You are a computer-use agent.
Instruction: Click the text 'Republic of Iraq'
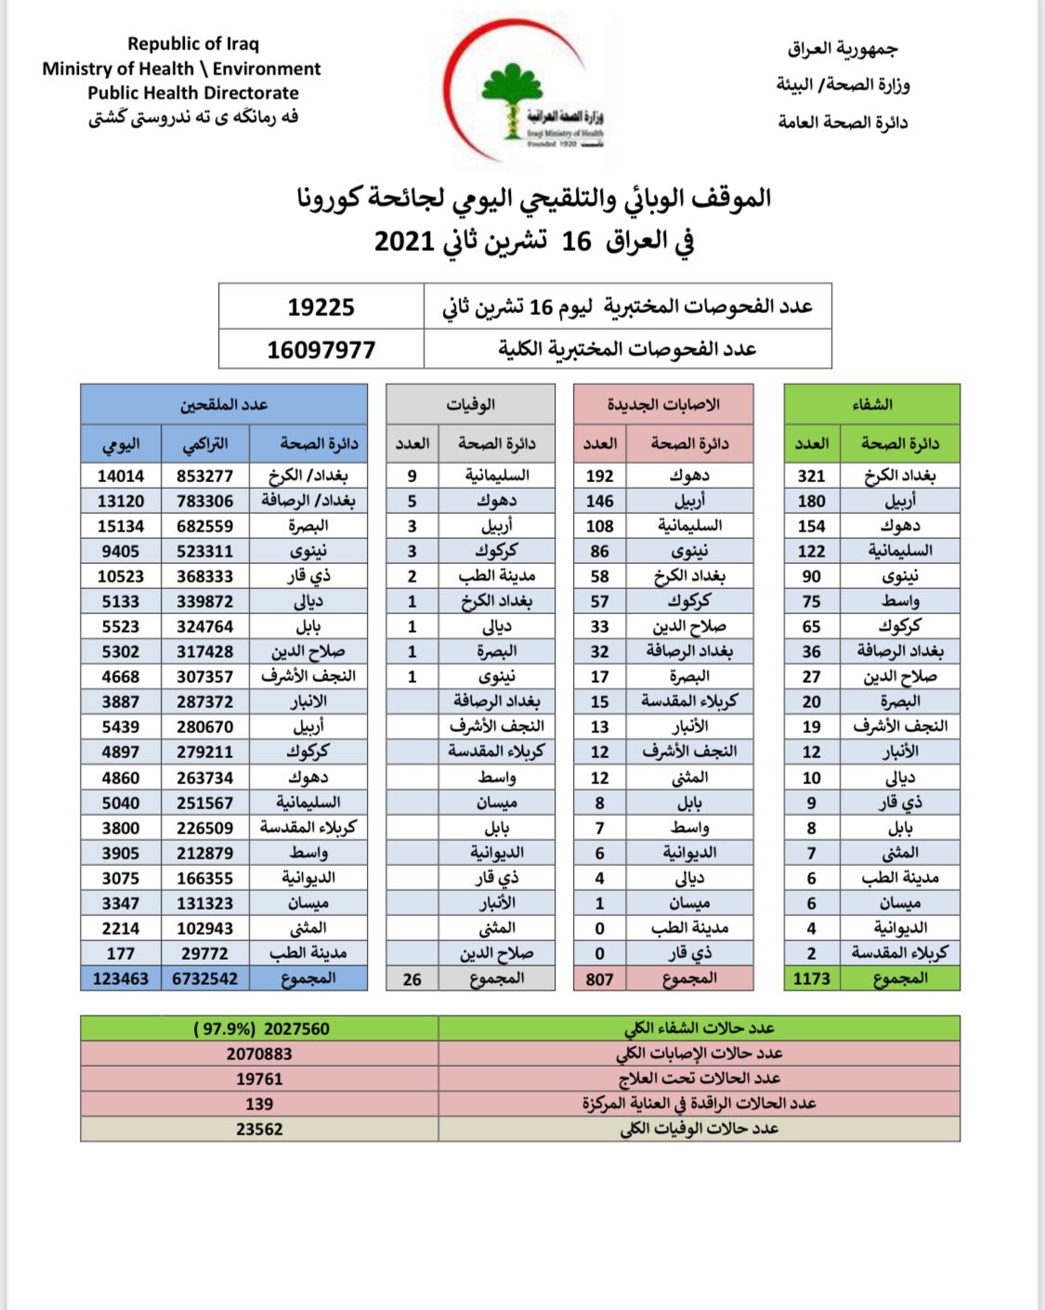click(193, 44)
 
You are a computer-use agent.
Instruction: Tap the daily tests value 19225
click(320, 308)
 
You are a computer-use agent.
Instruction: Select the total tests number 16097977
click(320, 350)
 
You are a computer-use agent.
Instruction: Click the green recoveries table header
click(871, 404)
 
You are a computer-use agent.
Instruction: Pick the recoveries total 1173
click(811, 978)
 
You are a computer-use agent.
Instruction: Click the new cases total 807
click(599, 978)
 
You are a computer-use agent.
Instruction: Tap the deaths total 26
click(411, 979)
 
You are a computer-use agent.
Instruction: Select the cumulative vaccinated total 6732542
click(204, 978)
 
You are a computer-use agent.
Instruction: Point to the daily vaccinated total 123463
click(121, 978)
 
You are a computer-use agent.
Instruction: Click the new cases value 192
click(599, 476)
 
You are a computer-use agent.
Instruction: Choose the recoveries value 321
click(811, 476)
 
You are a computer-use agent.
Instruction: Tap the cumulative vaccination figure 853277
click(204, 476)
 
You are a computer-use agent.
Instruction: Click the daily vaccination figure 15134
click(121, 526)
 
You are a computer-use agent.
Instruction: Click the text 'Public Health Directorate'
click(193, 93)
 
